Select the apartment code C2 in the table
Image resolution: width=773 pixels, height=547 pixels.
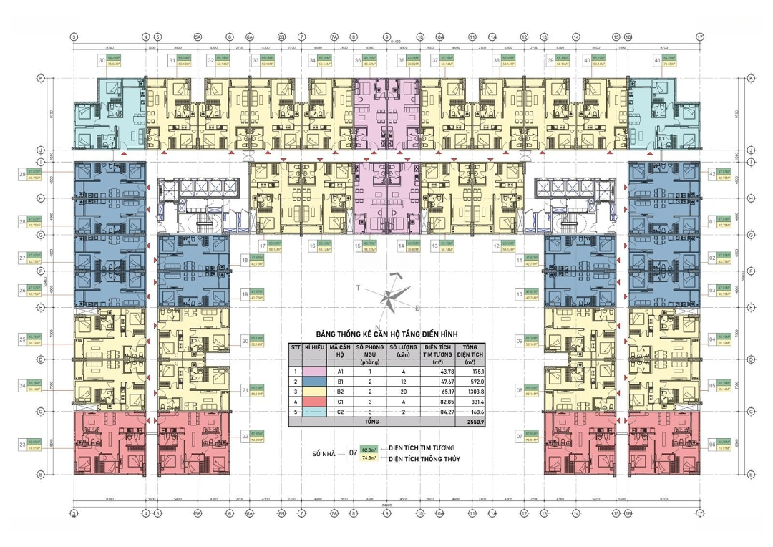341,412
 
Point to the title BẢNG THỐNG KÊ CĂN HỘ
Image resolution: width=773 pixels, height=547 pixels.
387,335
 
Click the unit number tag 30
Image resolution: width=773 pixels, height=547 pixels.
102,61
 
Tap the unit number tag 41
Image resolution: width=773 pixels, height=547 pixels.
656,61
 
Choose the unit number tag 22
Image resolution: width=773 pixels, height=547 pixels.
245,435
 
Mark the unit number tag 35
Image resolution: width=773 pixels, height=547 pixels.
356,61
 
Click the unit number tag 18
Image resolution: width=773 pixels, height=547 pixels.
245,261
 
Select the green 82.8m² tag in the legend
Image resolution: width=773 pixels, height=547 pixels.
369,450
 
